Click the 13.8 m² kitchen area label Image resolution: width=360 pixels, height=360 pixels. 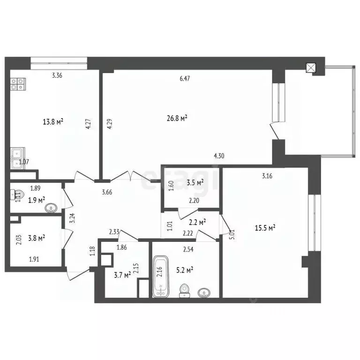coord(53,122)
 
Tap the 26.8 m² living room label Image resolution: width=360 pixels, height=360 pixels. coord(177,118)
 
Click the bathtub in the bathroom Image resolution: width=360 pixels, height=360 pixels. coord(161,276)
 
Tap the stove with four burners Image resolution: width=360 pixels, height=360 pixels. coord(18,83)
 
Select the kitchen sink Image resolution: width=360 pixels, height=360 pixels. coord(18,157)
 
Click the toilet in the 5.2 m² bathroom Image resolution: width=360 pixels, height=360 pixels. coord(185,291)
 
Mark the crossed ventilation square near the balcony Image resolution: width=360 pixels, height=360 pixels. coord(311,67)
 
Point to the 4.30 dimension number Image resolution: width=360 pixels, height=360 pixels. coord(219,156)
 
